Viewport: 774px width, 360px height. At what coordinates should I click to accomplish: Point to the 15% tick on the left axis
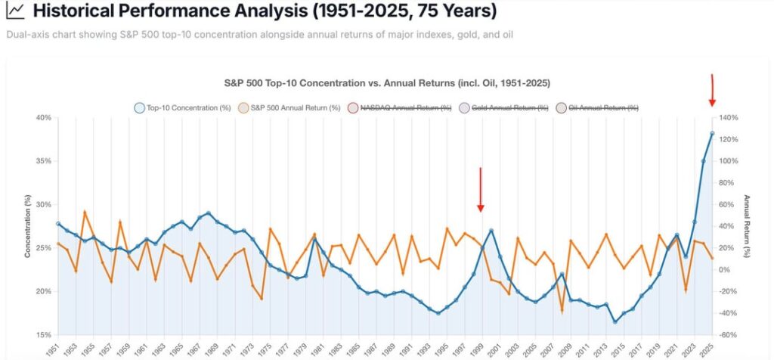[x=44, y=335]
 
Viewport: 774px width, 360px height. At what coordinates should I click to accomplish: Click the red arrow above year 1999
[x=480, y=189]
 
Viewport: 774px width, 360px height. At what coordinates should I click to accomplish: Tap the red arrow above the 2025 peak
[x=712, y=91]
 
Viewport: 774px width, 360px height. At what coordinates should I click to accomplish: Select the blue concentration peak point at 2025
[x=712, y=134]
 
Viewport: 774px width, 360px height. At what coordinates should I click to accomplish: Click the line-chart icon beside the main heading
[x=14, y=12]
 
